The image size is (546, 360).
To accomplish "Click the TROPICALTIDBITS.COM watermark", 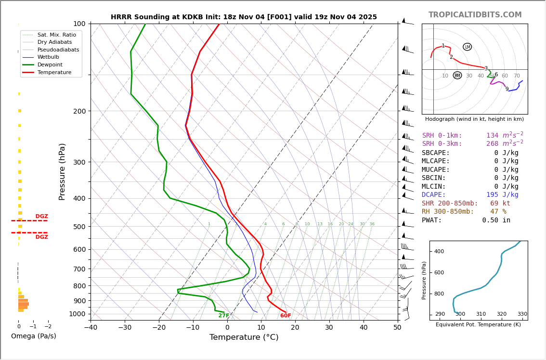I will tap(475, 15).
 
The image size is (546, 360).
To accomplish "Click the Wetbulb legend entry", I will tap(48, 57).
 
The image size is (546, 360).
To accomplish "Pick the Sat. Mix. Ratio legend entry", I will tap(56, 35).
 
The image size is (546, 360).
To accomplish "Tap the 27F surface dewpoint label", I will tap(224, 316).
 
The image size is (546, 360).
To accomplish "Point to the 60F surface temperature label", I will tap(286, 316).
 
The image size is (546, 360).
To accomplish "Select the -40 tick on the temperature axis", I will tap(91, 328).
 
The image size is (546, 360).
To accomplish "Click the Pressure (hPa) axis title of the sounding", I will tap(62, 171).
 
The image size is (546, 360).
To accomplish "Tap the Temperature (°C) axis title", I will tap(244, 337).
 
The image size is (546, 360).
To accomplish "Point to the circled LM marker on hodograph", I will tap(467, 47).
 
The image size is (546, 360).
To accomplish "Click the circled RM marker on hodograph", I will tap(457, 76).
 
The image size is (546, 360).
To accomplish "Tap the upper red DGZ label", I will tap(41, 217).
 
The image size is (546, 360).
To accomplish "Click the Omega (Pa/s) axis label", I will tap(33, 336).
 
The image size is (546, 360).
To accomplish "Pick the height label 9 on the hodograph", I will tap(507, 89).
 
